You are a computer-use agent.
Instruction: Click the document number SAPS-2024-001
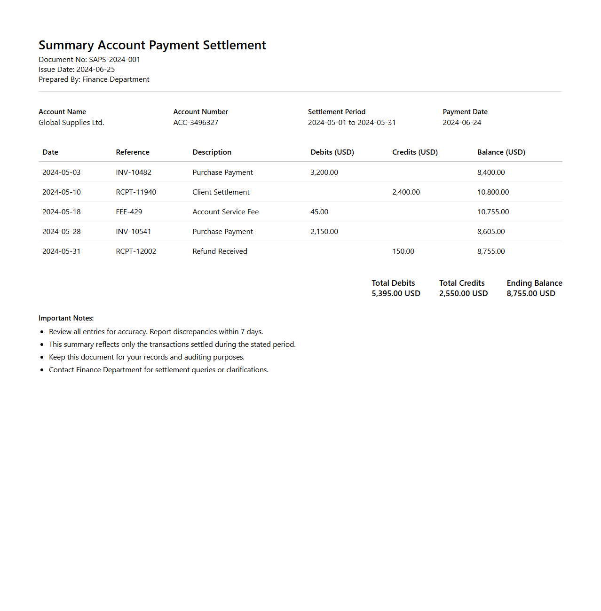[x=114, y=60]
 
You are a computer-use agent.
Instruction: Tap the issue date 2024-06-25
[x=95, y=70]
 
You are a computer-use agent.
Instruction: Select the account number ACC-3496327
[x=196, y=123]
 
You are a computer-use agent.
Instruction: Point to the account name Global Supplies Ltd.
[x=71, y=123]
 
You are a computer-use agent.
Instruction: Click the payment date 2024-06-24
[x=462, y=123]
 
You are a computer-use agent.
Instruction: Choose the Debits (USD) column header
[x=332, y=152]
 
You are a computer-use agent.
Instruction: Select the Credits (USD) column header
[x=415, y=152]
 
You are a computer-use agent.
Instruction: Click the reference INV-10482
[x=134, y=172]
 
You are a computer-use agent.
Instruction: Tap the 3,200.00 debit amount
[x=324, y=172]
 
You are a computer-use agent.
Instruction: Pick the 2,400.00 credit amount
[x=406, y=192]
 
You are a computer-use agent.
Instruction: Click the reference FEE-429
[x=129, y=212]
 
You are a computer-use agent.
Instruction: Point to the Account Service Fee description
[x=225, y=212]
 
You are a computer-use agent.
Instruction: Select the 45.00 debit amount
[x=319, y=212]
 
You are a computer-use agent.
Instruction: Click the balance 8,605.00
[x=491, y=232]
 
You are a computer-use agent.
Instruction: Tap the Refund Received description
[x=220, y=251]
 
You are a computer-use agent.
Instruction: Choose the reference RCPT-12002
[x=136, y=251]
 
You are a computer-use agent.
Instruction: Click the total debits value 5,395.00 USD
[x=396, y=293]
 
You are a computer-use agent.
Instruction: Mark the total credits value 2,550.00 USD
[x=463, y=293]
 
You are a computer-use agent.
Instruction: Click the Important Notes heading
[x=66, y=318]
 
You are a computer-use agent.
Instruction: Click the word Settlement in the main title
[x=234, y=45]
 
